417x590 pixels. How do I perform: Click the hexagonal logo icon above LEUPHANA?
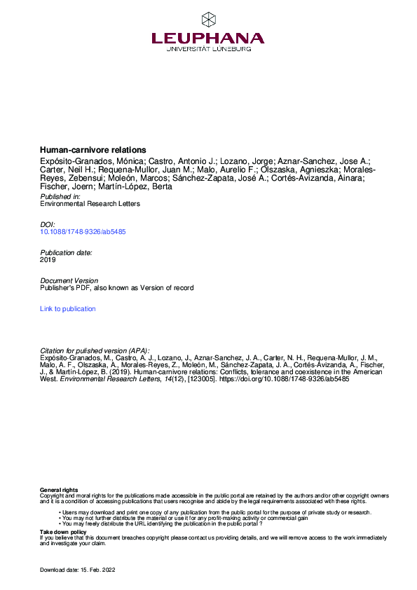click(208, 20)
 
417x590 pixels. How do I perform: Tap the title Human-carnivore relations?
click(93, 149)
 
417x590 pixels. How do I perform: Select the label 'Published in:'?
click(61, 197)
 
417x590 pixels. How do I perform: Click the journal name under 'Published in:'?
click(90, 204)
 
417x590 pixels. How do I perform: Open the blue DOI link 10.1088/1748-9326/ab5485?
click(83, 231)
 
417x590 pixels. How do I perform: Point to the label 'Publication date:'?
click(66, 252)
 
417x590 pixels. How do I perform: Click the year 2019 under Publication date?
click(48, 259)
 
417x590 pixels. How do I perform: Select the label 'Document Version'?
click(69, 280)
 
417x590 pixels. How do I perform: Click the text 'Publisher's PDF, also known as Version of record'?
click(116, 287)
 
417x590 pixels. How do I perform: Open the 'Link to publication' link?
click(68, 308)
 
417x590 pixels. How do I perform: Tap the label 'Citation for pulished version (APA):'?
click(95, 350)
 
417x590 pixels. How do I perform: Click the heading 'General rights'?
click(59, 490)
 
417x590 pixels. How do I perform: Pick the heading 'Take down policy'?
click(63, 532)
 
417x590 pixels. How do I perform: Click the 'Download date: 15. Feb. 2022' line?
click(77, 570)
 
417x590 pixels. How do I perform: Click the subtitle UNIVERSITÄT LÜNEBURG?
click(208, 50)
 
